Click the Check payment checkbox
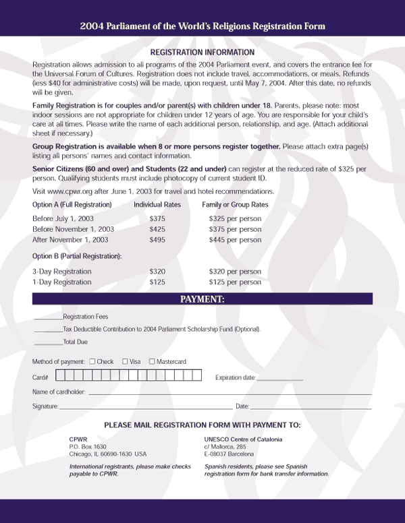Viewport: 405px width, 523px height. click(92, 362)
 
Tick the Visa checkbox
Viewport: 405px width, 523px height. click(125, 362)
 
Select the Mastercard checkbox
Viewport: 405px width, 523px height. click(152, 362)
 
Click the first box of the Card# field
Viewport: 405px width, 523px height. click(60, 376)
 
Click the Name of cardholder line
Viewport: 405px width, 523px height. click(230, 393)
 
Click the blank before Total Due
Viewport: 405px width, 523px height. click(47, 344)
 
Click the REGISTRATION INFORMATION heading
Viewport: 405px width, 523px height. click(202, 52)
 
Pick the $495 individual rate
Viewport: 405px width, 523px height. click(157, 240)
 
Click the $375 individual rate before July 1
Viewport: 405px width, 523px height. click(157, 219)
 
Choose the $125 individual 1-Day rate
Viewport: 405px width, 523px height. click(157, 282)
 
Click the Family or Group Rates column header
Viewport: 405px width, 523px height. click(235, 204)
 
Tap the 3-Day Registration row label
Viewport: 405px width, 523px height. click(62, 272)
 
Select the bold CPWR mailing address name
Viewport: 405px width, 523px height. click(78, 439)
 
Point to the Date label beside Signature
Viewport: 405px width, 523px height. click(242, 407)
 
